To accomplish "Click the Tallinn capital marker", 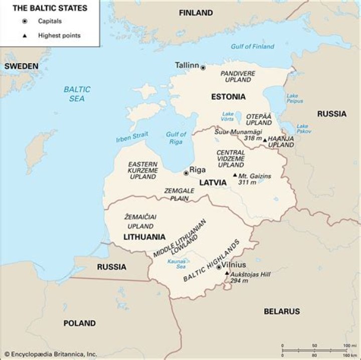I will [x=203, y=67].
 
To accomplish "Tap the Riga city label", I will [x=198, y=169].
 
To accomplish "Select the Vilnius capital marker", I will [x=219, y=268].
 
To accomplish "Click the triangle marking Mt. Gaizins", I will [x=235, y=175].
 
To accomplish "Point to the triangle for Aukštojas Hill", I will [x=227, y=273].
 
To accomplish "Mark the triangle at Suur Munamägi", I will [x=265, y=140].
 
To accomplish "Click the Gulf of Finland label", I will [x=252, y=47].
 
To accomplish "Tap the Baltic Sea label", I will [x=77, y=94].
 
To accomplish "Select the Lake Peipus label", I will [x=294, y=98].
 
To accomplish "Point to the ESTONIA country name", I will [x=228, y=97].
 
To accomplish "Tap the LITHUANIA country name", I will [x=144, y=236].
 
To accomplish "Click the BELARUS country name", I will [x=281, y=311].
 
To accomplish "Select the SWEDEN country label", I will [x=21, y=66].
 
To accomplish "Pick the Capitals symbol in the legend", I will [x=24, y=22].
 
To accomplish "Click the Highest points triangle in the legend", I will [x=24, y=36].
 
